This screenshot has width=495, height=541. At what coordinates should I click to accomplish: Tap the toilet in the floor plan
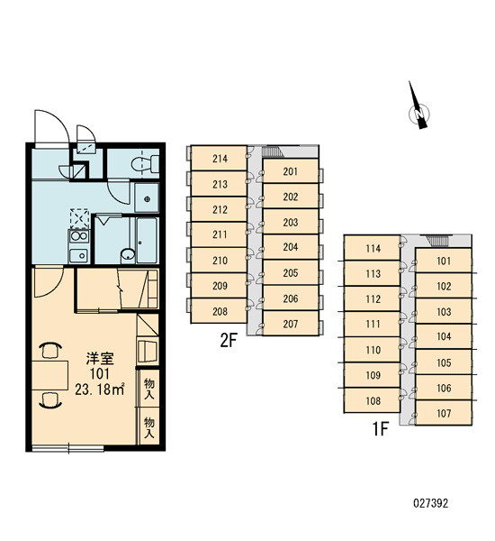(145, 164)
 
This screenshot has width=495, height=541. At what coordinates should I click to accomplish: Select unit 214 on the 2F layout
(219, 159)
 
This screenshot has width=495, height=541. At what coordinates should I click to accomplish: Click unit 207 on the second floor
(291, 324)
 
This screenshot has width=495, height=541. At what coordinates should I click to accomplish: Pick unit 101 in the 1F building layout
(444, 261)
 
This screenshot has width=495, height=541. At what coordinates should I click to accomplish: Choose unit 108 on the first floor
(373, 400)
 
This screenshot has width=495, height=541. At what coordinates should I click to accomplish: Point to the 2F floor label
(229, 341)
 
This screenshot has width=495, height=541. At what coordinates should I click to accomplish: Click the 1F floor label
(381, 429)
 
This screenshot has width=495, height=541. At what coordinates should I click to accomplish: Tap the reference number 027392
(430, 503)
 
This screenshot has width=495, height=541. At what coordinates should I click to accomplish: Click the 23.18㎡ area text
(100, 390)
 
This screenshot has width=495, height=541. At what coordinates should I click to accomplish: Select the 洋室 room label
(100, 359)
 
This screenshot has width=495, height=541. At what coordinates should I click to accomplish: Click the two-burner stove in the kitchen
(79, 236)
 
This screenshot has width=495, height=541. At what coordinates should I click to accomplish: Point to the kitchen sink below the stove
(79, 256)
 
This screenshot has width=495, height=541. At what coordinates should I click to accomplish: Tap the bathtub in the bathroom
(147, 240)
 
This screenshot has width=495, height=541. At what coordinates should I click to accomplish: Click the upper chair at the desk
(50, 350)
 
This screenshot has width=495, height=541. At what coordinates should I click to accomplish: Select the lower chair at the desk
(50, 400)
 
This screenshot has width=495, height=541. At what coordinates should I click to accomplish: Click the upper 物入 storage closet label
(148, 389)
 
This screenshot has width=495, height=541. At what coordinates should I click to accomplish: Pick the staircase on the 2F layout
(272, 151)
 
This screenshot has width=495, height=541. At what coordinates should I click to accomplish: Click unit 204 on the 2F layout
(291, 247)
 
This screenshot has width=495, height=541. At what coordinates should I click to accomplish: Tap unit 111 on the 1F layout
(373, 324)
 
